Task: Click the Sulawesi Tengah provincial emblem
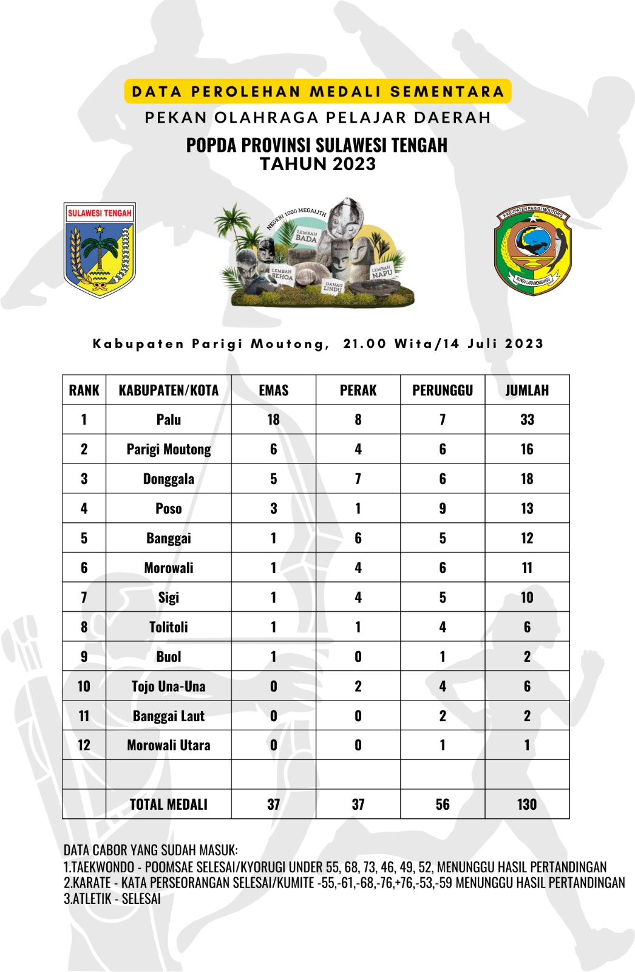click(100, 250)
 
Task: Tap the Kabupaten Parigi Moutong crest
click(533, 250)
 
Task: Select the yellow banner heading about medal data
click(317, 92)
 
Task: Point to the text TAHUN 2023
click(317, 164)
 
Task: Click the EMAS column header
click(274, 390)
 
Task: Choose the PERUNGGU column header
click(443, 390)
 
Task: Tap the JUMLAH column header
click(527, 390)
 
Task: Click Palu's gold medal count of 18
click(274, 420)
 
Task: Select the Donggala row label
click(169, 479)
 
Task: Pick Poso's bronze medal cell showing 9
click(443, 508)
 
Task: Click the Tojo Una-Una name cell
click(169, 686)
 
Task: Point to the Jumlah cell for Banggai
click(527, 538)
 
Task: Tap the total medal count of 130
click(527, 804)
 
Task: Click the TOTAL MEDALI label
click(169, 804)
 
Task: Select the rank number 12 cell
click(84, 745)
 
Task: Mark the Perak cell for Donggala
click(358, 479)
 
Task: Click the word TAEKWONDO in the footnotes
click(103, 867)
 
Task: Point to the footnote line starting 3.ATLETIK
click(112, 898)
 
